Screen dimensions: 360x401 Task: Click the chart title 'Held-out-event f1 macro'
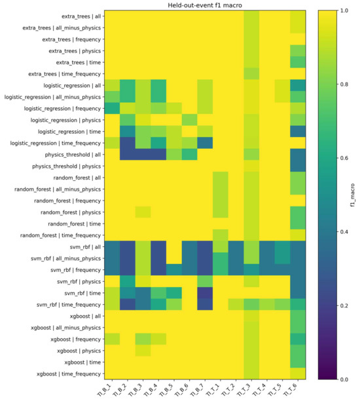point(205,5)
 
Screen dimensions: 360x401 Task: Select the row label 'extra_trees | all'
point(81,16)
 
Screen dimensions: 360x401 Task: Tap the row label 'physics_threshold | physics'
point(66,166)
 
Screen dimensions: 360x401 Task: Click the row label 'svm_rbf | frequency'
point(76,270)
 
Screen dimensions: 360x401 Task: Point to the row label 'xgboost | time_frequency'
point(69,374)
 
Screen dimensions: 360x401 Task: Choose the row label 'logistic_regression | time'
point(69,132)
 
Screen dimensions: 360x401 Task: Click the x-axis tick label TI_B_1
point(105,390)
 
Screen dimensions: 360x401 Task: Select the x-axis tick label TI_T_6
point(291,390)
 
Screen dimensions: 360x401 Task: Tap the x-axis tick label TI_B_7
point(198,390)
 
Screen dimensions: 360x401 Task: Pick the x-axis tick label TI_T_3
point(244,390)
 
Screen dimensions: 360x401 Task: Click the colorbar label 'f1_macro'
point(353,195)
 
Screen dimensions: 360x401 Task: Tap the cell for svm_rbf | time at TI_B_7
point(205,293)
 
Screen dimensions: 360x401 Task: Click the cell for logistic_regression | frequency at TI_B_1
point(112,108)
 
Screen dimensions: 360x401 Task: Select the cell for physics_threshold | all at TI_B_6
point(189,155)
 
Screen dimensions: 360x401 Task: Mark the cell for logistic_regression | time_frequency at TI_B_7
point(205,143)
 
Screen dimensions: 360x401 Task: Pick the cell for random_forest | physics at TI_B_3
point(143,212)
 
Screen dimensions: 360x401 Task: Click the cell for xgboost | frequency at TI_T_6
point(298,339)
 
